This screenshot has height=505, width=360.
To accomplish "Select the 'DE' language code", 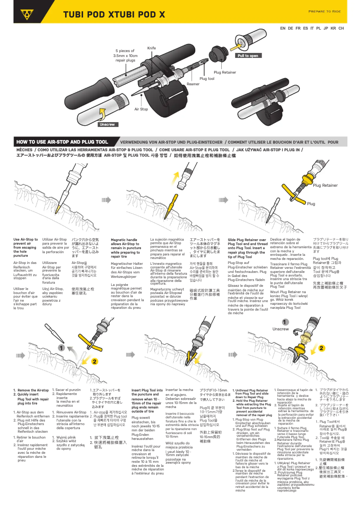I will click(291, 28).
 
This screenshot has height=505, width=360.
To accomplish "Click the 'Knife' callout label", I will click(151, 48).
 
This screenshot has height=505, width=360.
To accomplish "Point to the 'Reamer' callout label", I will click(193, 84).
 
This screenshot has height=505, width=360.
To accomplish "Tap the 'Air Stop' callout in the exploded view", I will click(141, 109).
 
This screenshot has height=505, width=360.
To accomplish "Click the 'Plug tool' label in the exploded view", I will click(207, 79).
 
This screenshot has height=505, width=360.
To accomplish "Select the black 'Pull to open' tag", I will click(248, 56).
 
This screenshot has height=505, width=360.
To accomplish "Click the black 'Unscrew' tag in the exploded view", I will click(107, 124).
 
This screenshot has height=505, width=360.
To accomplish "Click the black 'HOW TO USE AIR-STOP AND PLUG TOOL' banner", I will click(62, 142).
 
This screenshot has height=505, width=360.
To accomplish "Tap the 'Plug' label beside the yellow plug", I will click(311, 204).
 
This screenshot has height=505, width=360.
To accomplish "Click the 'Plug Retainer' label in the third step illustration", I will click(325, 185).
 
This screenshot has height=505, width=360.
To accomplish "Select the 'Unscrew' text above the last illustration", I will click(281, 329).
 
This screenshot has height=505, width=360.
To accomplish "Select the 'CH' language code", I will click(341, 28).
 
